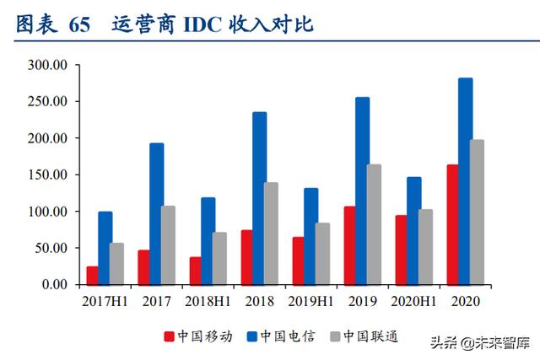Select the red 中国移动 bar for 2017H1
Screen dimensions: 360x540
[x=92, y=276]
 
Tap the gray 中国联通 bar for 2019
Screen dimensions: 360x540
[x=374, y=224]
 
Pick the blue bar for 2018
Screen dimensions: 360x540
[x=259, y=198]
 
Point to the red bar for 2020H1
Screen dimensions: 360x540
[x=400, y=250]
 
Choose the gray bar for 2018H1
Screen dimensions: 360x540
[x=219, y=258]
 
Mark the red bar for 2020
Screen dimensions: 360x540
[x=451, y=224]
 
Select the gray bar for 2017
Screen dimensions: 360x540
[x=168, y=245]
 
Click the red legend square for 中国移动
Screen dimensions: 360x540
[x=168, y=336]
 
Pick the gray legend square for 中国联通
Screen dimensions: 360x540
[x=337, y=336]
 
